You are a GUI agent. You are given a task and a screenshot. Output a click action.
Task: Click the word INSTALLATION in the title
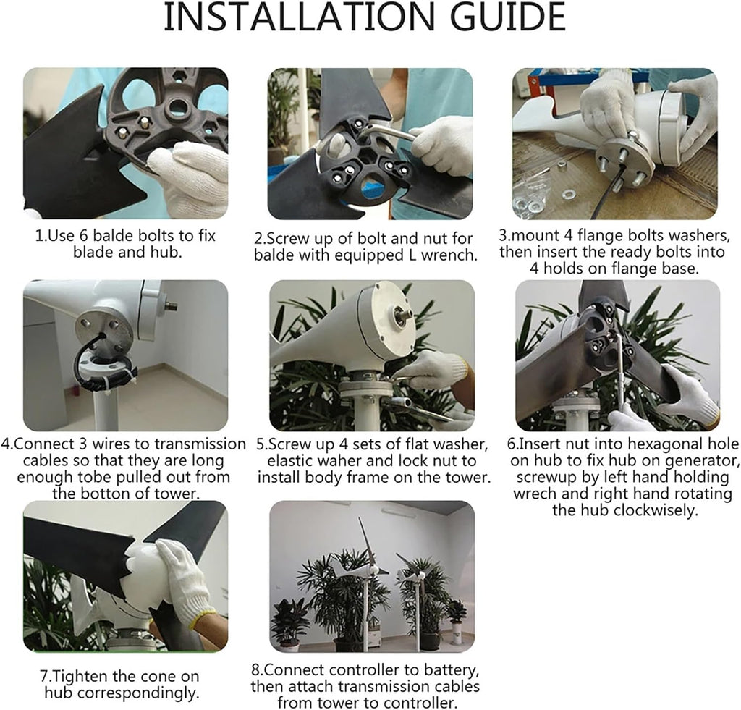[x=299, y=17]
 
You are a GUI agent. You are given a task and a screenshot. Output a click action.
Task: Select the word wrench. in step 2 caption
[x=449, y=255]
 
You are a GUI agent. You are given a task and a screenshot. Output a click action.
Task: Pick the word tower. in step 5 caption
[x=467, y=478]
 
